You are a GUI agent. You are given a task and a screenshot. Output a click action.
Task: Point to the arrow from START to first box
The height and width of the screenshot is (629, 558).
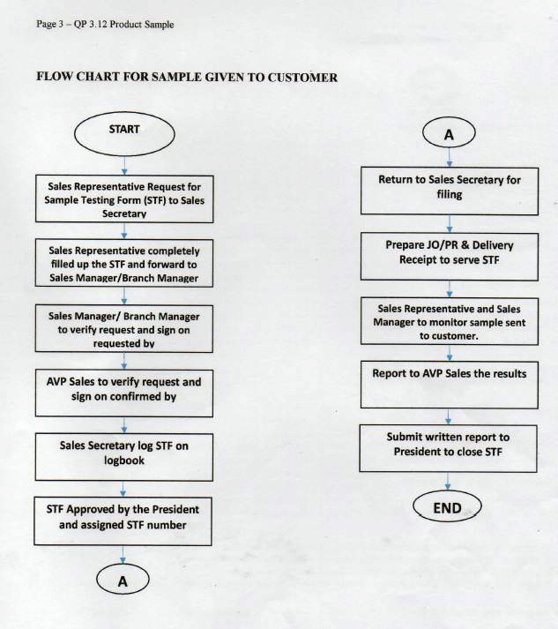tap(124, 166)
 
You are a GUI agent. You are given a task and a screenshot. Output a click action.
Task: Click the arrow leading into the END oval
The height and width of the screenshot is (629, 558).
tap(448, 482)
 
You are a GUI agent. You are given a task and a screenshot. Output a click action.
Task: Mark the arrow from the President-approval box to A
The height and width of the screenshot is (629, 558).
tap(123, 554)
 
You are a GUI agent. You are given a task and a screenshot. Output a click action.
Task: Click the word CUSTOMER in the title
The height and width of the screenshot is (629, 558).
tap(302, 77)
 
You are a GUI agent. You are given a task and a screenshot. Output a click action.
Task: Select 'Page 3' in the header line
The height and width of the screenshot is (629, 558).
tap(49, 24)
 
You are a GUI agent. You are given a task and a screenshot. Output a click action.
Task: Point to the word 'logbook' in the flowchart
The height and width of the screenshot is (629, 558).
tap(124, 461)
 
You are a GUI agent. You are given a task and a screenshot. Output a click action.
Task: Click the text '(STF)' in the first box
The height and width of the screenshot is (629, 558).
tap(154, 200)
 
